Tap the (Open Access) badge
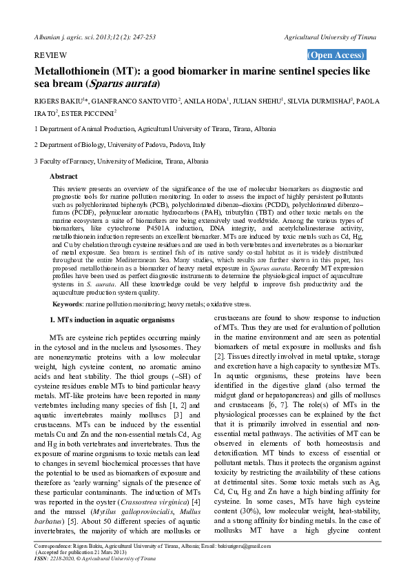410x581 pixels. coord(336,55)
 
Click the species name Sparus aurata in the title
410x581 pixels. coord(170,84)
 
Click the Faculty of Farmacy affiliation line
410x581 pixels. coord(121,161)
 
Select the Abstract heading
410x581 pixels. coord(63,177)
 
